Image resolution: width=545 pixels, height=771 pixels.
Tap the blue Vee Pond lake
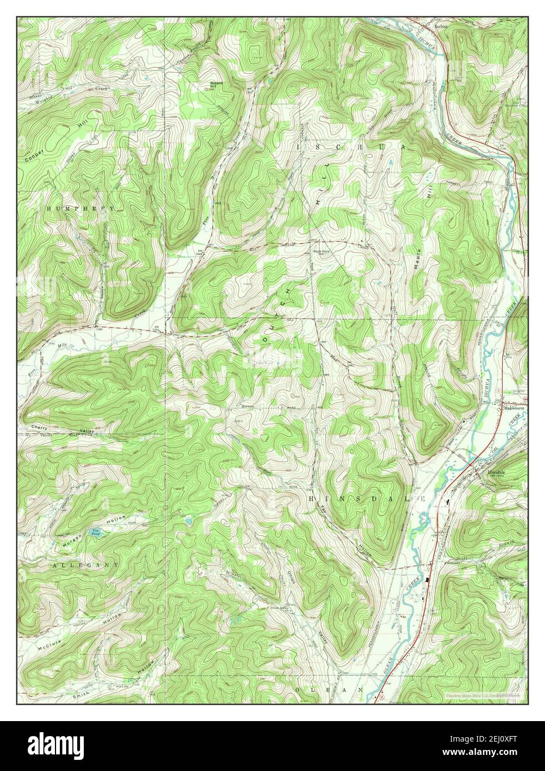pyautogui.click(x=95, y=533)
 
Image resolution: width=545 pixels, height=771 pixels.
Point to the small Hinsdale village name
pyautogui.click(x=497, y=473)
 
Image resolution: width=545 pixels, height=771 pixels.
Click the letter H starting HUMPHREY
pyautogui.click(x=49, y=208)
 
